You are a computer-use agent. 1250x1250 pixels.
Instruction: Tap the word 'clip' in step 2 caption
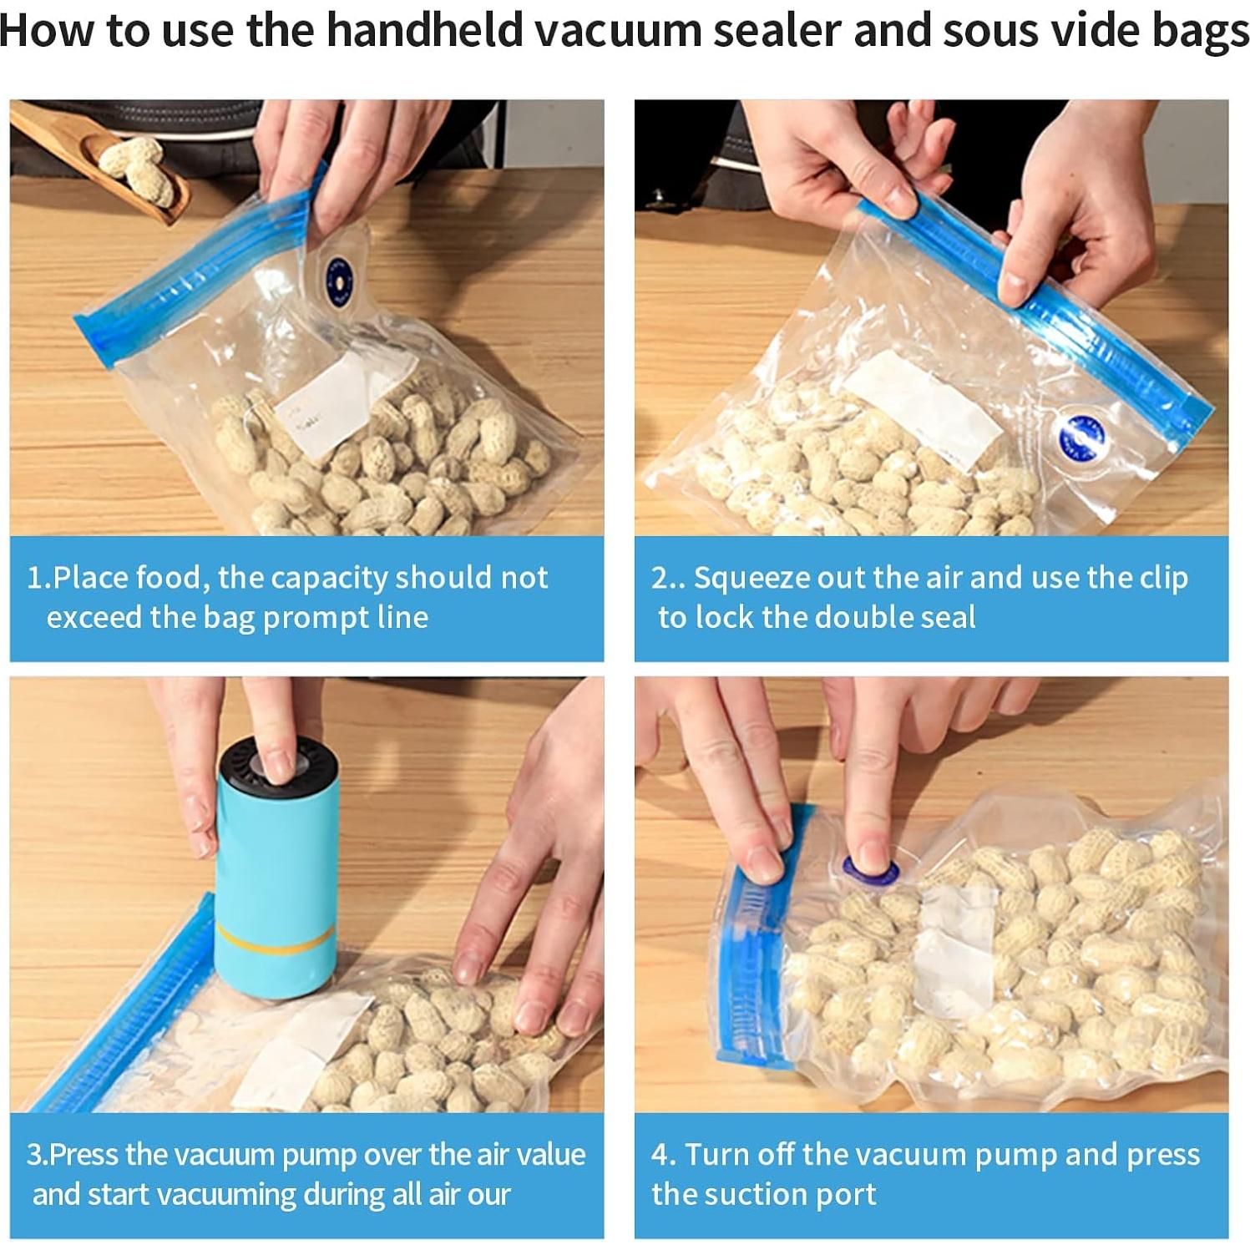(1161, 578)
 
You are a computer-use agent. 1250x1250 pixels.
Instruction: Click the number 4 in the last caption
(660, 1155)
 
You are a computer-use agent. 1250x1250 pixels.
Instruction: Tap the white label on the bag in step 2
(922, 409)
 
